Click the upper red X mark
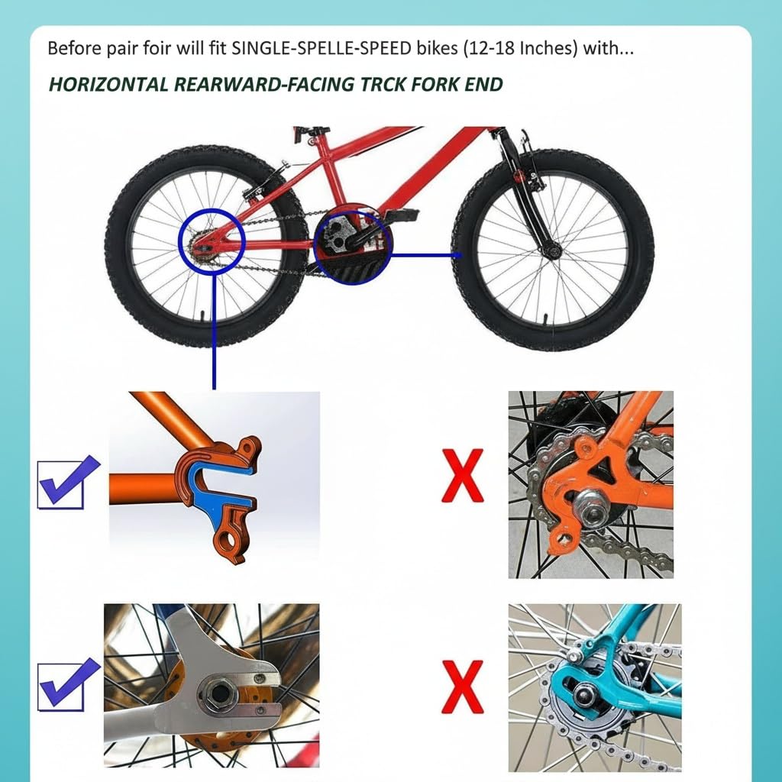[x=463, y=475]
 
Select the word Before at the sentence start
[x=72, y=48]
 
